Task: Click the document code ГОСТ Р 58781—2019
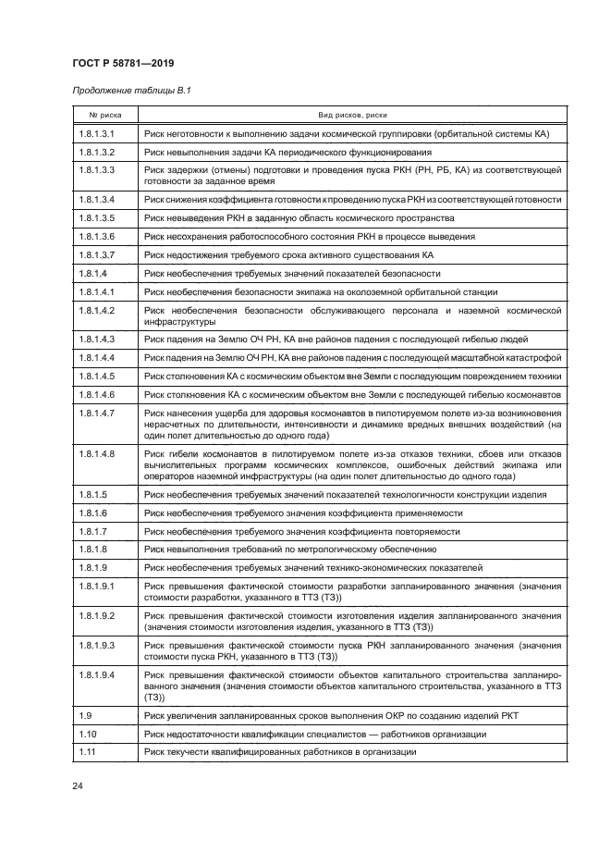(x=123, y=63)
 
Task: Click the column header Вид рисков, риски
(x=352, y=115)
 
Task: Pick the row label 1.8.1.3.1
(x=96, y=133)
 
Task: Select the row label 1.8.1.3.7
(x=96, y=254)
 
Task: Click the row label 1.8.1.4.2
(x=96, y=310)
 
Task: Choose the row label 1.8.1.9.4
(x=96, y=675)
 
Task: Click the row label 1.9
(x=85, y=716)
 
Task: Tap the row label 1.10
(x=87, y=734)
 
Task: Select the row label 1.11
(x=87, y=752)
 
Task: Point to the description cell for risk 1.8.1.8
(x=352, y=549)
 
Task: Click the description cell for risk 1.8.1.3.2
(x=352, y=151)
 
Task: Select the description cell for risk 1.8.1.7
(x=352, y=531)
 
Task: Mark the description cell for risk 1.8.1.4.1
(x=352, y=291)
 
